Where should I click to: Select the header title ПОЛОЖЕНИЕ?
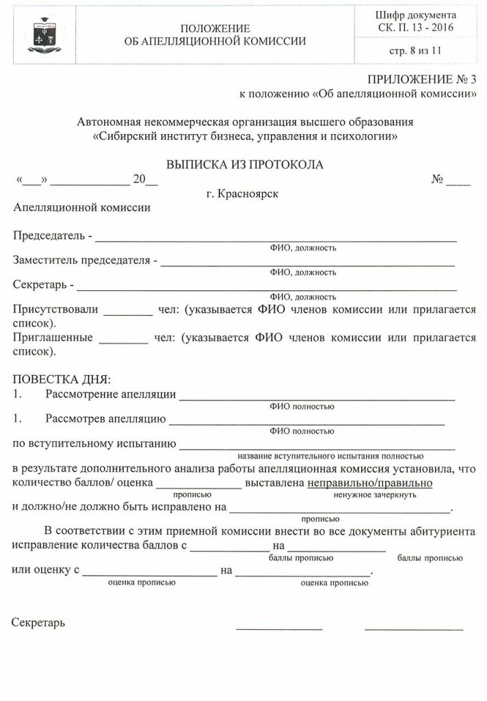click(x=215, y=28)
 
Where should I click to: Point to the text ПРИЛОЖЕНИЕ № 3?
click(x=421, y=78)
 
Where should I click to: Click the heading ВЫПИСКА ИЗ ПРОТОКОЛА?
click(x=244, y=164)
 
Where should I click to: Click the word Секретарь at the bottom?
click(x=39, y=623)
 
